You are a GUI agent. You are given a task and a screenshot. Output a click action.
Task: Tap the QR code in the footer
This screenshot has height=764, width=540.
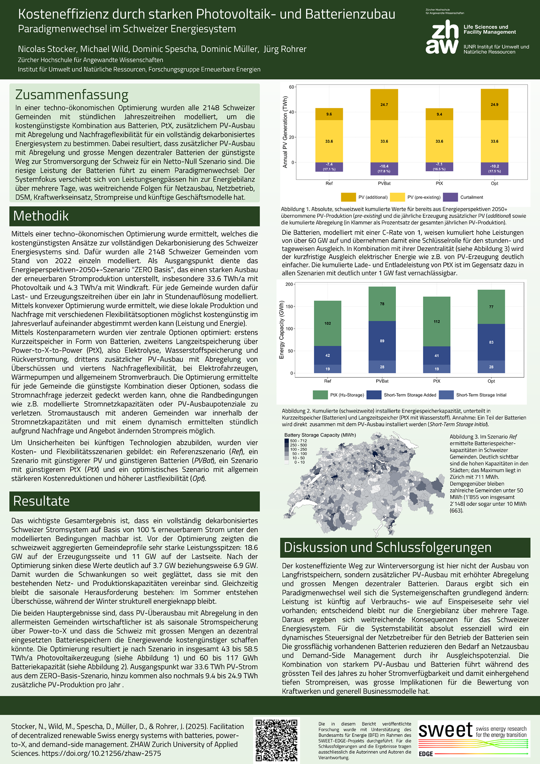click(x=277, y=740)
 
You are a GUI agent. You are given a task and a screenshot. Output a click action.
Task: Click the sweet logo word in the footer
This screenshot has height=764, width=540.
click(x=445, y=730)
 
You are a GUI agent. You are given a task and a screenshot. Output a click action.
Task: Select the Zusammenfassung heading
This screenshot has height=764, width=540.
click(x=72, y=95)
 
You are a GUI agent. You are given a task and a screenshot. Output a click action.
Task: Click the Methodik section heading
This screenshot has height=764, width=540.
click(x=41, y=216)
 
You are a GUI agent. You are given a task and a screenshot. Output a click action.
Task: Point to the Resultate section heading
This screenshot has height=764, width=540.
click(x=41, y=501)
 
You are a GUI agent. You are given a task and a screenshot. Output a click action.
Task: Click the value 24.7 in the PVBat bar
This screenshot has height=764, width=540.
click(x=384, y=105)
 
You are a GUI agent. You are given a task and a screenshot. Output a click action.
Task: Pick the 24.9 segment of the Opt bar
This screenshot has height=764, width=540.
click(x=494, y=105)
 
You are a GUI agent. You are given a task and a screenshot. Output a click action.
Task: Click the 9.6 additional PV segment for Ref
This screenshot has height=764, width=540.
click(x=329, y=114)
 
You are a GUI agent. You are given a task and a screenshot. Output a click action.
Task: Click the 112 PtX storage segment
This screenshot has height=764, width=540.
click(x=437, y=321)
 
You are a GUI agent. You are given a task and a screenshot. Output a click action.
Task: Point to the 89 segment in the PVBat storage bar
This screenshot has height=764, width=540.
click(x=382, y=341)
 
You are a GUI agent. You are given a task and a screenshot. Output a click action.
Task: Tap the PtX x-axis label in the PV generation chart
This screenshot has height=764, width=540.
click(x=439, y=183)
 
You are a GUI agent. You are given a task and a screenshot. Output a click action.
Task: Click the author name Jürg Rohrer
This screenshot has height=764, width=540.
click(x=285, y=49)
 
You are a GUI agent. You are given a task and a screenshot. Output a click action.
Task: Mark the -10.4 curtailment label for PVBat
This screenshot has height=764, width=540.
click(x=384, y=166)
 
